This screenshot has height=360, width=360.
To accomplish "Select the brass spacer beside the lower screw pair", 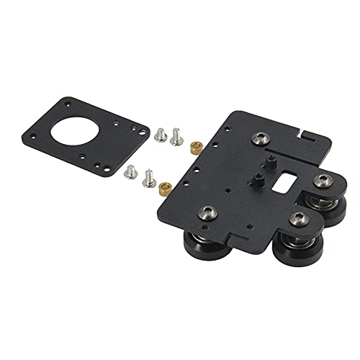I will coord(164,188).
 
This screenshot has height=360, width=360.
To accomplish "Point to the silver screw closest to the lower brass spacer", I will coord(150,174).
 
